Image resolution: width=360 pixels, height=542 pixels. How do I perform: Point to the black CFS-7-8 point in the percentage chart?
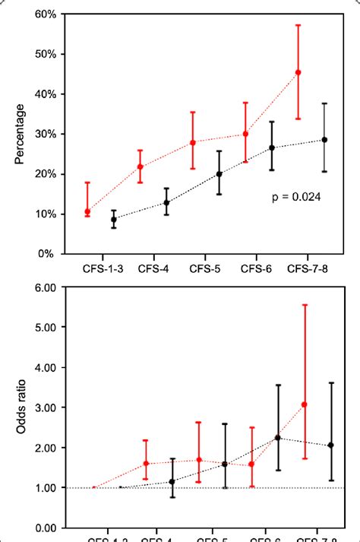325,140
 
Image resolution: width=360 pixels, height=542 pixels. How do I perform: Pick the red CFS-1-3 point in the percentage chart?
88,212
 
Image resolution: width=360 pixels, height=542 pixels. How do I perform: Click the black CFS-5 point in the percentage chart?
219,174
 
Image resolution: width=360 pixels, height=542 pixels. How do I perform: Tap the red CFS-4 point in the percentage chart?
141,166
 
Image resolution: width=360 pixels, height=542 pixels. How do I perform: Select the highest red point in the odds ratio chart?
305,404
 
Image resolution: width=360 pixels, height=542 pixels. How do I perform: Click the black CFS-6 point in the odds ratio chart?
277,438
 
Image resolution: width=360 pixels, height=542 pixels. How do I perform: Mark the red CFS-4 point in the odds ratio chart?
146,463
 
